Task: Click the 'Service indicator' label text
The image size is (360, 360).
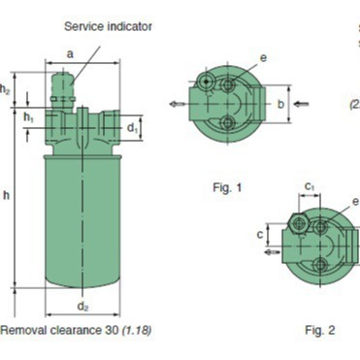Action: (x=108, y=26)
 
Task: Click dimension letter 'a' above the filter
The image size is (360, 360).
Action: (x=70, y=54)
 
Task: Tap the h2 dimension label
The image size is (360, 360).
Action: (x=5, y=89)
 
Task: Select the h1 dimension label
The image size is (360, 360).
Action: (x=28, y=117)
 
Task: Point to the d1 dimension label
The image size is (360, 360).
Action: (x=132, y=128)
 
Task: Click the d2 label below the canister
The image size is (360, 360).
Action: (x=82, y=306)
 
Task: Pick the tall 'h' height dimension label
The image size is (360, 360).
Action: (x=7, y=195)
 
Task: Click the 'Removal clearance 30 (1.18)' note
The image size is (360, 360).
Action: (x=76, y=330)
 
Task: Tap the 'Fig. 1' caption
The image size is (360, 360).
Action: (x=227, y=187)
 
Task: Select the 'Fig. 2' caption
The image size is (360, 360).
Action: (x=320, y=330)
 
